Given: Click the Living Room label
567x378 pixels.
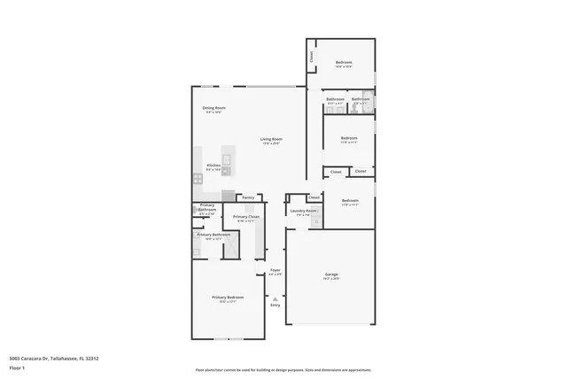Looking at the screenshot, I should (271, 139).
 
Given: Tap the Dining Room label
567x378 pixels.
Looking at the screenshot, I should (214, 108).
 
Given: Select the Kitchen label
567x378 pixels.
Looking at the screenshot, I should (214, 166).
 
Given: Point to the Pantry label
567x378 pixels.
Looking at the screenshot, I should (248, 197).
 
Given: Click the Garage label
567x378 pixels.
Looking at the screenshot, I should (330, 275).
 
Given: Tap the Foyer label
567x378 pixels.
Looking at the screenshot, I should (276, 270).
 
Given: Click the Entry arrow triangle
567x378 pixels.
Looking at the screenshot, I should (276, 299).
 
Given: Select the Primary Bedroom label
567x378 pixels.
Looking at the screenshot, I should (227, 297).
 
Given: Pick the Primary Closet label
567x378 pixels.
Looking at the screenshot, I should (246, 217).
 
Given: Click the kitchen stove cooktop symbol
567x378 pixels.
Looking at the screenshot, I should (198, 178).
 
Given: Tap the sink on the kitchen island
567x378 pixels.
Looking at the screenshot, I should (226, 160).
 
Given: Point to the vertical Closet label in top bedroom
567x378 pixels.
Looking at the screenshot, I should (311, 57).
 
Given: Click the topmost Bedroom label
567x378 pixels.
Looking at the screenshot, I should (344, 62).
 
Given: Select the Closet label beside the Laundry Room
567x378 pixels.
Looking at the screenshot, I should (315, 197).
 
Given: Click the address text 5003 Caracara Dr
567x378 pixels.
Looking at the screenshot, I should (53, 359).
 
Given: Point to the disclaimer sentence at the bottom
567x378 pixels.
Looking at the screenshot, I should (283, 370).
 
